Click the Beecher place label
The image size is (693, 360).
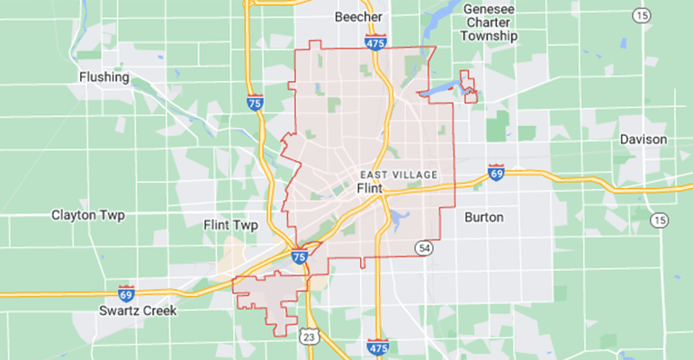(x=358, y=17)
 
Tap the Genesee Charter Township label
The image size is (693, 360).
(x=490, y=22)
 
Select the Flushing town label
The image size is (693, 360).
(x=104, y=76)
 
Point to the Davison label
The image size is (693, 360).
(x=643, y=139)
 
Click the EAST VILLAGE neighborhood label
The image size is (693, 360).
(x=398, y=174)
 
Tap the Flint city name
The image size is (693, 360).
(x=371, y=188)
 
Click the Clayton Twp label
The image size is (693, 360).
(x=87, y=215)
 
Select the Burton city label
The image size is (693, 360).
(x=484, y=217)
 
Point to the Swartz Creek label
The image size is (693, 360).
(x=139, y=310)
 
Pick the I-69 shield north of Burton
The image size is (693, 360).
(x=495, y=171)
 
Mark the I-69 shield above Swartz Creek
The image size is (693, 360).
(x=126, y=293)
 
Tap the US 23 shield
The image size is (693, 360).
(x=307, y=335)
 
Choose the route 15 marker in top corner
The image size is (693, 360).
(x=641, y=15)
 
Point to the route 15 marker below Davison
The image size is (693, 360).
(x=661, y=220)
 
